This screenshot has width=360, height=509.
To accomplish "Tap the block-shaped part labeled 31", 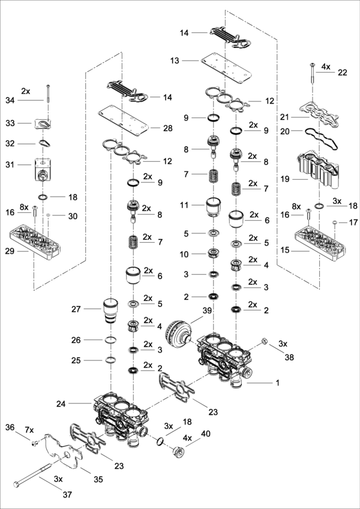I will pos(44,170).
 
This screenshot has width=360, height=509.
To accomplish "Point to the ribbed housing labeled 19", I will pos(319,170).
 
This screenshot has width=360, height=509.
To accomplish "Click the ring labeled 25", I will pos(110,360).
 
